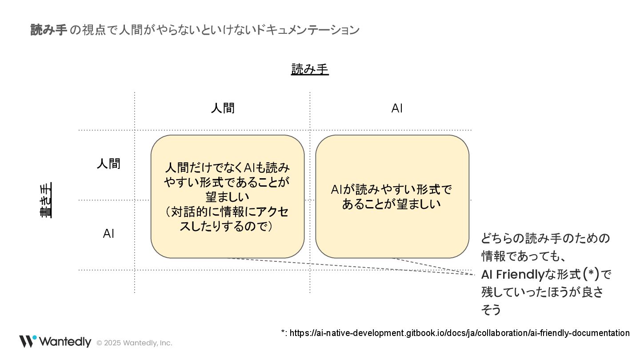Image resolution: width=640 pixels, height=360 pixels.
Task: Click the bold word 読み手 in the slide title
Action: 48,30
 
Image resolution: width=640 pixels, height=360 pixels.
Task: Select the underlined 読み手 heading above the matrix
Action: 310,69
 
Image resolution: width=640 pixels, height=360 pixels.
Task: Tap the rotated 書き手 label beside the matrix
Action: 46,200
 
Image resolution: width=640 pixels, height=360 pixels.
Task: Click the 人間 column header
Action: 223,108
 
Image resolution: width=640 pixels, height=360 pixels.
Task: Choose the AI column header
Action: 397,108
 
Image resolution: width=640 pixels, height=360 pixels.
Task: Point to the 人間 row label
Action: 108,164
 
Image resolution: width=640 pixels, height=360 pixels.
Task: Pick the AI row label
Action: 108,234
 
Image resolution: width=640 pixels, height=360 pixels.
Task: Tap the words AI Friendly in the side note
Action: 512,274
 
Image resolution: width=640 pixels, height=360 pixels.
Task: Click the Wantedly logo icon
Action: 28,341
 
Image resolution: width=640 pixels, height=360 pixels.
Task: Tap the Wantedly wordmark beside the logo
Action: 65,341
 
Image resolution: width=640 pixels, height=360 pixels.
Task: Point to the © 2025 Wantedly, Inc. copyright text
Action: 134,343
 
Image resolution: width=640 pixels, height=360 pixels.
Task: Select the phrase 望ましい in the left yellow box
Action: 227,197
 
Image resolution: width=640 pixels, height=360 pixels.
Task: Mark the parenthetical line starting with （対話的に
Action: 227,212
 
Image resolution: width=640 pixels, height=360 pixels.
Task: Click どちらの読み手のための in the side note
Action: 545,239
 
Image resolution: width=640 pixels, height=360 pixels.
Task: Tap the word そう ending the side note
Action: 491,310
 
